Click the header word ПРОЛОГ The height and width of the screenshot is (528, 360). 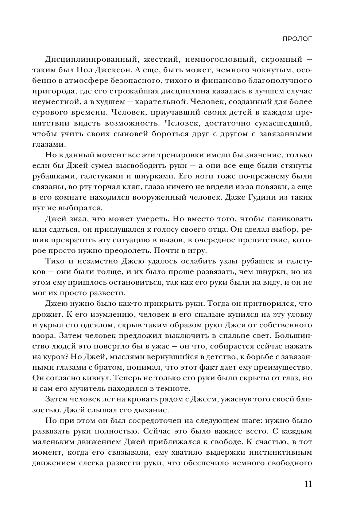click(297, 39)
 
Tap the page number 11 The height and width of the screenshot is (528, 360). click(307, 484)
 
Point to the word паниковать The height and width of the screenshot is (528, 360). click(288, 219)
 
